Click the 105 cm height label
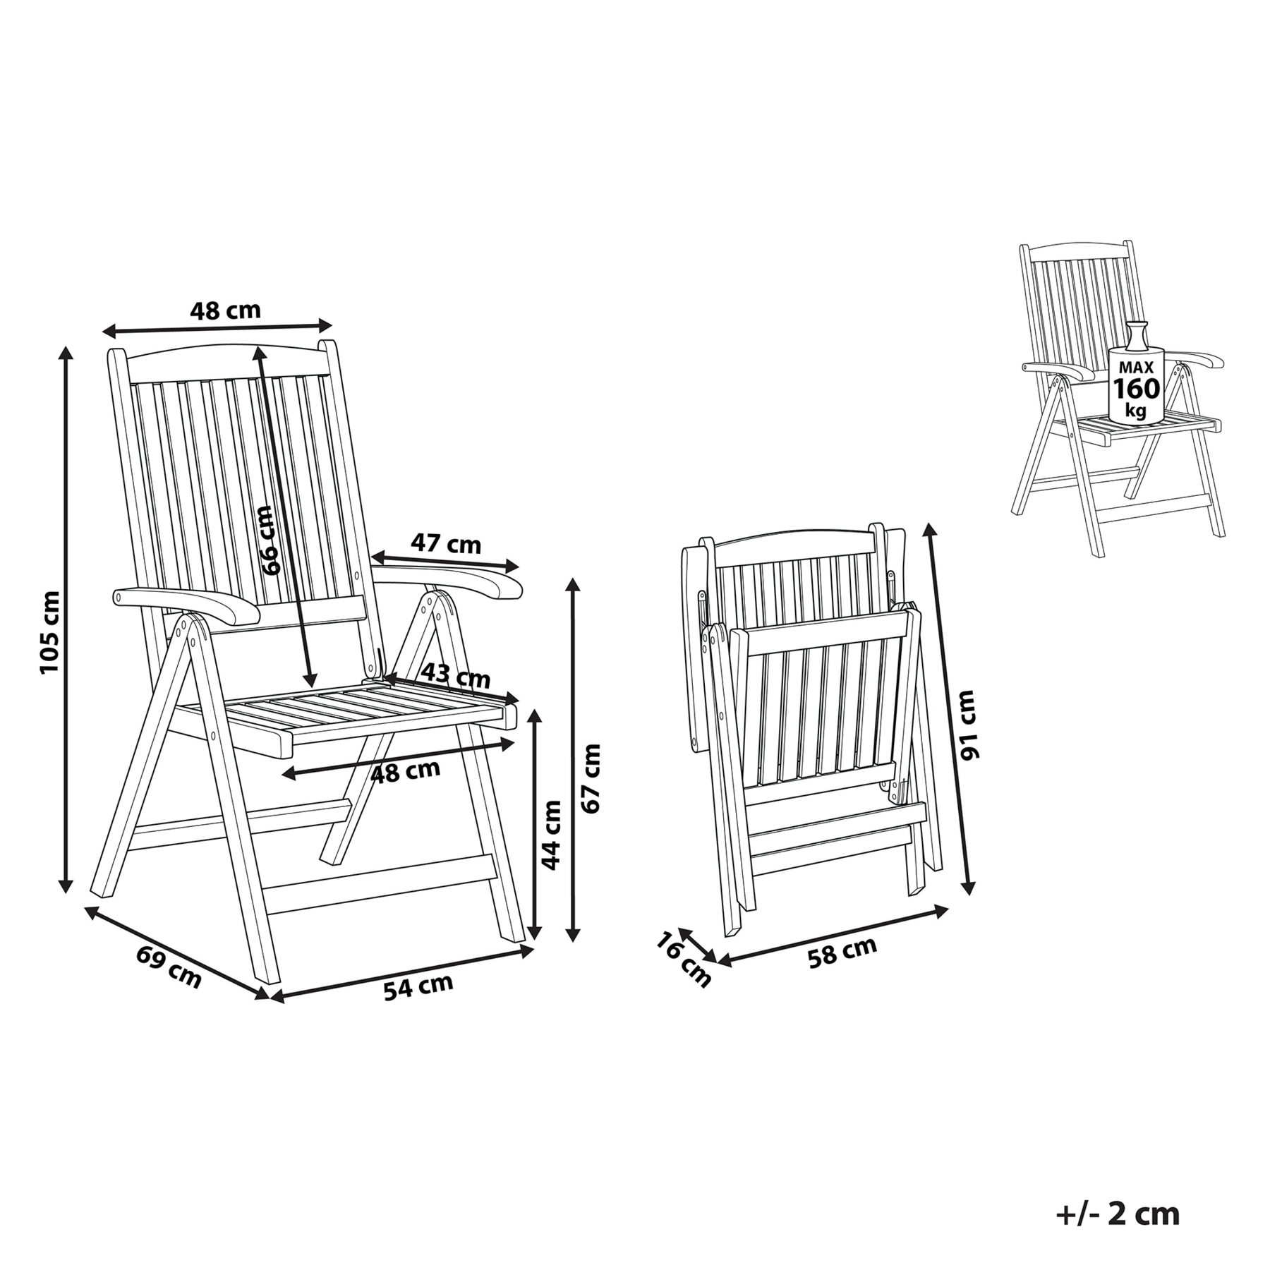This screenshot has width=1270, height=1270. [x=50, y=631]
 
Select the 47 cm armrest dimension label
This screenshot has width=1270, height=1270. [x=446, y=544]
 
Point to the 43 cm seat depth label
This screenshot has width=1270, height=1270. [x=456, y=677]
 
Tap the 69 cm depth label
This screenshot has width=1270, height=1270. [x=169, y=967]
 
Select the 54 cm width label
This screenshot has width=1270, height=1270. [x=418, y=986]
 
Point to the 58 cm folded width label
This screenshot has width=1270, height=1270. [x=842, y=952]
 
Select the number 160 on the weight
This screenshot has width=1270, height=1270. [x=1136, y=389]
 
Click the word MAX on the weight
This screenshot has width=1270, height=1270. [x=1136, y=367]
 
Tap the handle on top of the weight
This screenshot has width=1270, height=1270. [x=1135, y=334]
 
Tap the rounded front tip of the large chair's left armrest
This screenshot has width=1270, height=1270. [x=117, y=597]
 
